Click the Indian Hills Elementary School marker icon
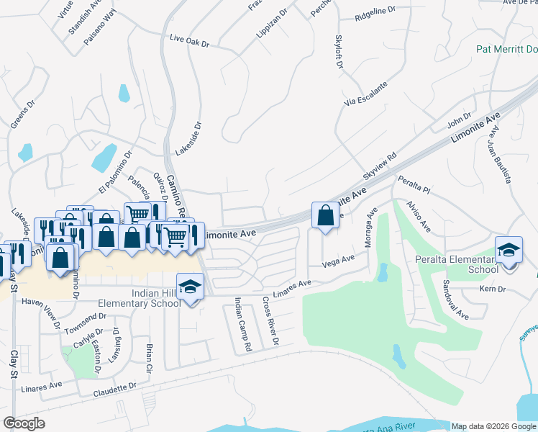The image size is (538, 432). (190, 287)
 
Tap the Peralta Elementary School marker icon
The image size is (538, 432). (509, 251)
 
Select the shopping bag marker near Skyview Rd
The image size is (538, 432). (326, 215)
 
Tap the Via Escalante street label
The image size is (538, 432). (366, 94)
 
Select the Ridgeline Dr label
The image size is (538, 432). (376, 12)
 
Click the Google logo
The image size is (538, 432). (24, 423)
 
